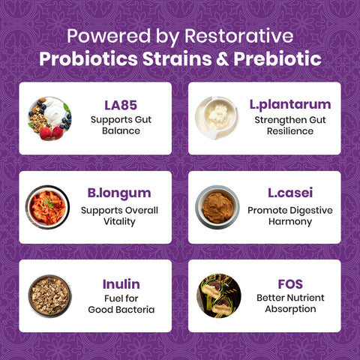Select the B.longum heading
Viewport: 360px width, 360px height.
tap(120, 193)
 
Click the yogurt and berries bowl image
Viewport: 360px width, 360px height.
tap(50, 118)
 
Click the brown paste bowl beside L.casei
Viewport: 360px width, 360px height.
tap(217, 206)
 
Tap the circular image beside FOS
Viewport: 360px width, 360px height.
tap(217, 295)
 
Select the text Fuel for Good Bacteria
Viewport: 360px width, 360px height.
tap(120, 304)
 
